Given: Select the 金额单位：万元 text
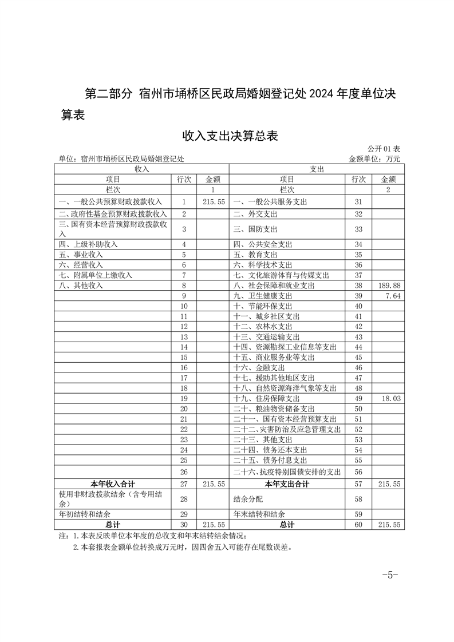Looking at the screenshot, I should pyautogui.click(x=374, y=158).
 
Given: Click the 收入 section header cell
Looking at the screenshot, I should pyautogui.click(x=141, y=169).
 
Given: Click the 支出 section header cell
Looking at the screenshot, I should pyautogui.click(x=317, y=169).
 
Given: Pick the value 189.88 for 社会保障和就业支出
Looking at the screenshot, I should pyautogui.click(x=389, y=285).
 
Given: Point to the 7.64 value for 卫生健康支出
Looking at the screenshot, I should pyautogui.click(x=392, y=296).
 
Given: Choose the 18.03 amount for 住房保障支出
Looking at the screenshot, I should pyautogui.click(x=389, y=398).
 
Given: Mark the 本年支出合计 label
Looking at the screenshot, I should pyautogui.click(x=287, y=484).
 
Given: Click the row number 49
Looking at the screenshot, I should pyautogui.click(x=359, y=398).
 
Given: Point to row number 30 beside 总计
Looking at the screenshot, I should pyautogui.click(x=184, y=525).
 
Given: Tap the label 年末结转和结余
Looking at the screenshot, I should pyautogui.click(x=259, y=514).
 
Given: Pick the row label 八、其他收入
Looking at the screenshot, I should pyautogui.click(x=81, y=285).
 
